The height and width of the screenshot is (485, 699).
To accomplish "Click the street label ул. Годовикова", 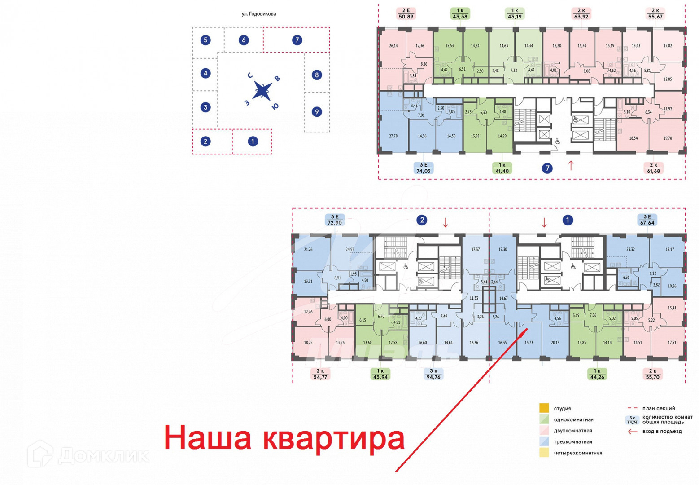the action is tap(259, 14).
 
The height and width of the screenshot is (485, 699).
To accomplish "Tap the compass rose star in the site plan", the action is tap(262, 91).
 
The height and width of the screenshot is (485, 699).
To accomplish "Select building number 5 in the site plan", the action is tap(205, 40).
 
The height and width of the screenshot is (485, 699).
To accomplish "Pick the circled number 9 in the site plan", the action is tap(317, 112).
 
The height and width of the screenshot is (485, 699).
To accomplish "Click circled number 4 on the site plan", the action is tap(205, 73).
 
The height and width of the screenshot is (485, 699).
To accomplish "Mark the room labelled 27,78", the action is tap(393, 136).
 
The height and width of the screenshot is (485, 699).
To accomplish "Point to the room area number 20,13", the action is tap(555, 343).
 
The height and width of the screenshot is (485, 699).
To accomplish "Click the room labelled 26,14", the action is tap(393, 46).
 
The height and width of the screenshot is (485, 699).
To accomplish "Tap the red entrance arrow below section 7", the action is tap(571, 165).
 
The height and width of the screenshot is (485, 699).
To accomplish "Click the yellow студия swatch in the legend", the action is tap(544, 408).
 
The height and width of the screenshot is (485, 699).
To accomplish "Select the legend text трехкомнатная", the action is tap(572, 442).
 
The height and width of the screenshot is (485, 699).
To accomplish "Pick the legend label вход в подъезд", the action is tap(661, 432).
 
